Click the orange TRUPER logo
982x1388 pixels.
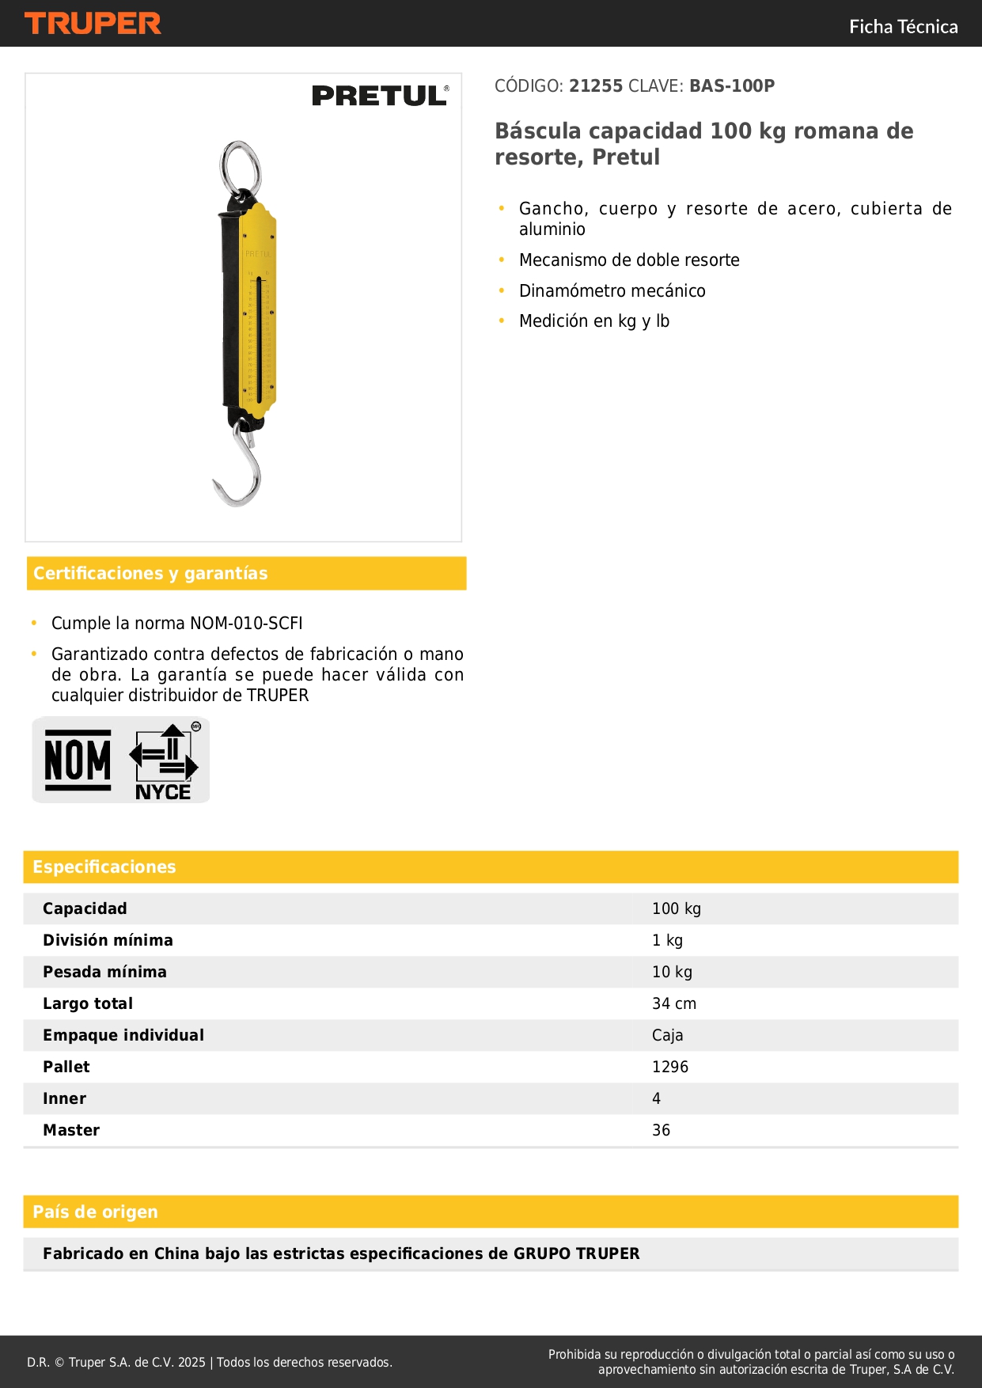tap(93, 24)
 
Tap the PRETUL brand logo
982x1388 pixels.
tap(380, 96)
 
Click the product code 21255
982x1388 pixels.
tap(596, 85)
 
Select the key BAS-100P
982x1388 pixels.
tap(732, 85)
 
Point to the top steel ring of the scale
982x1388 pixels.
tap(240, 168)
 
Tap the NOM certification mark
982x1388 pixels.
tap(78, 760)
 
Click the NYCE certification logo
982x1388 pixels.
tap(165, 762)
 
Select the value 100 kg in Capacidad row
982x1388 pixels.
tap(677, 908)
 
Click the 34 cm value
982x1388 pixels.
tap(674, 1003)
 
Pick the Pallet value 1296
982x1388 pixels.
tap(670, 1067)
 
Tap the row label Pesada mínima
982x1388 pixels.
tap(104, 972)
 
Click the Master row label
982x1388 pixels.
tap(71, 1130)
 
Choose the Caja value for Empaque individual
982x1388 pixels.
tap(668, 1035)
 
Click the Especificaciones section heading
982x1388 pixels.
tap(104, 867)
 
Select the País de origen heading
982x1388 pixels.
tap(95, 1212)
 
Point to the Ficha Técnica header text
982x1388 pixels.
tap(903, 26)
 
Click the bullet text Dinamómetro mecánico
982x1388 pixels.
tap(612, 290)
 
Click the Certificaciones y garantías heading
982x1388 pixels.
tap(150, 573)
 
